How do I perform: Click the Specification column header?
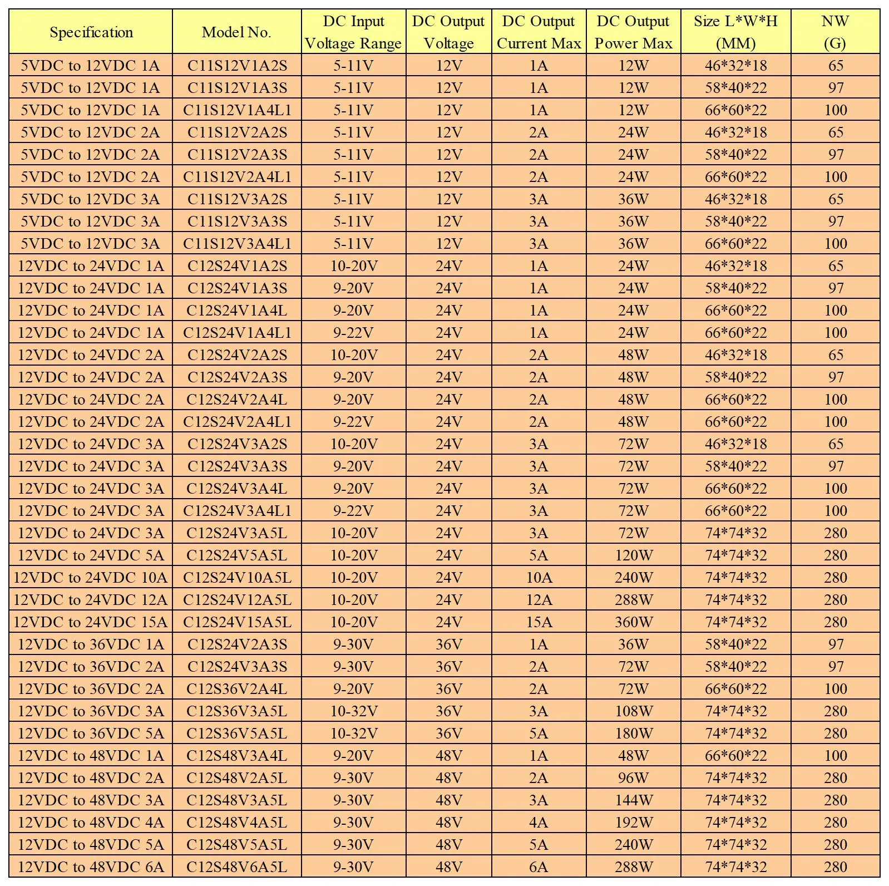pos(91,32)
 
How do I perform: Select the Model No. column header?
pos(236,32)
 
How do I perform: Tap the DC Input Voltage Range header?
pos(353,32)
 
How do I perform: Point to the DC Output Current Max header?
pos(539,32)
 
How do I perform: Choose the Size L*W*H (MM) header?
pos(735,32)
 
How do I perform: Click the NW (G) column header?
pos(835,32)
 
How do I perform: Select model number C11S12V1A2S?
pos(237,66)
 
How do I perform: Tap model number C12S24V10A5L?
pos(237,578)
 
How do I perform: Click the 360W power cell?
pos(633,622)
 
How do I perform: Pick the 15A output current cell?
pos(539,622)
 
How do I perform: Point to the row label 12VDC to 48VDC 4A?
pos(91,823)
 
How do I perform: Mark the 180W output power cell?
pos(633,734)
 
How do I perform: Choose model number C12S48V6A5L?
pos(237,867)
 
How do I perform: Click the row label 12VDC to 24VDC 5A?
pos(91,555)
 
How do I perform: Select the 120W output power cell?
pos(633,555)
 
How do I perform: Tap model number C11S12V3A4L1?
pos(237,244)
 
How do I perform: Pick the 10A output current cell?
pos(539,578)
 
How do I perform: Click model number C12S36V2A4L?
pos(237,689)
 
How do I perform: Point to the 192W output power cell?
pos(633,823)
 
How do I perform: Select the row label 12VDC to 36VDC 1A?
pos(91,644)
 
